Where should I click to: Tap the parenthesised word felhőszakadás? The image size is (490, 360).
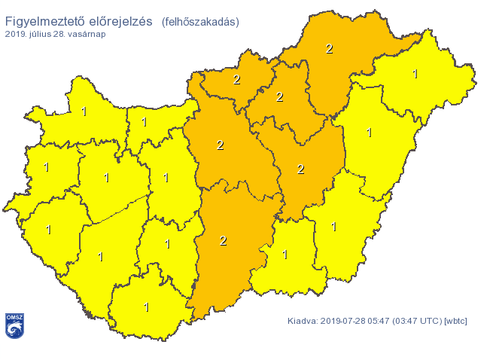click(x=199, y=22)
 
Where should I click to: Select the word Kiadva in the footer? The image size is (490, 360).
click(x=303, y=322)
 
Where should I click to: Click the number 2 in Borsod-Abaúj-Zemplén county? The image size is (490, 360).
click(x=329, y=49)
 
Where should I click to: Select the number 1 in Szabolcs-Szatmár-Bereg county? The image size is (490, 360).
click(x=415, y=74)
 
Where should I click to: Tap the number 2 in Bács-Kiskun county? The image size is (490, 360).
click(x=223, y=240)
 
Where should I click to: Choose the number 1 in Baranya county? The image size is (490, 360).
click(x=146, y=307)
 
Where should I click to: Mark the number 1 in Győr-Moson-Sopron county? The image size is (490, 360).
click(x=84, y=111)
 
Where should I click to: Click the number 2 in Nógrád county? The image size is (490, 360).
click(x=236, y=79)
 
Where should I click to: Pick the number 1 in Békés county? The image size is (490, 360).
click(x=334, y=226)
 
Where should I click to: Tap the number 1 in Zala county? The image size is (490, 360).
click(x=49, y=230)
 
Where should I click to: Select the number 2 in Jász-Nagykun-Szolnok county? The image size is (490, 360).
click(x=300, y=169)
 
